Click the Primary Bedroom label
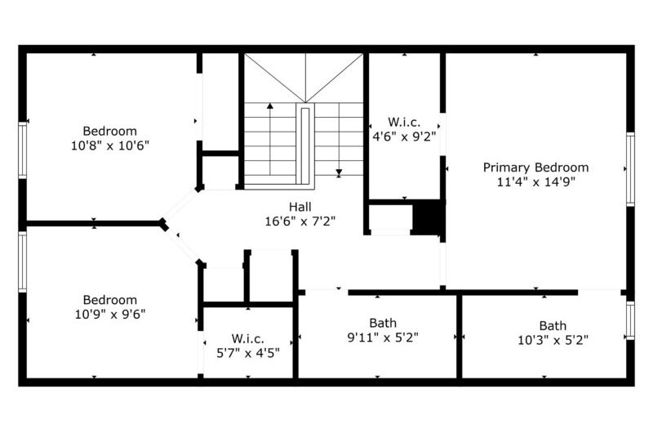point(535,168)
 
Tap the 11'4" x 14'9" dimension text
point(535,181)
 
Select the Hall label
point(300,207)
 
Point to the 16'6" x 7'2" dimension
point(300,221)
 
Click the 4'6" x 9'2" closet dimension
point(404,136)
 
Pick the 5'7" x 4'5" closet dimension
point(248,353)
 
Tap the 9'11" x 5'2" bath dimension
point(383,337)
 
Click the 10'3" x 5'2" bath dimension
point(553,340)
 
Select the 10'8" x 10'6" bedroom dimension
point(110,145)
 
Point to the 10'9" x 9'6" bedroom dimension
point(110,314)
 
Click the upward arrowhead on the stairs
point(270,106)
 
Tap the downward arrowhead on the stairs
point(339,172)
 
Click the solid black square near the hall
point(426,217)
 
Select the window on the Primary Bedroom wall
point(630,169)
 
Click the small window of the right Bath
point(630,320)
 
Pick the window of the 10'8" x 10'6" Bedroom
point(23,150)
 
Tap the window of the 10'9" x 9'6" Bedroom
point(23,262)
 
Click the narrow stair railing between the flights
point(304,144)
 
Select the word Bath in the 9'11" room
point(383,323)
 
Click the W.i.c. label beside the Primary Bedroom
point(404,122)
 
